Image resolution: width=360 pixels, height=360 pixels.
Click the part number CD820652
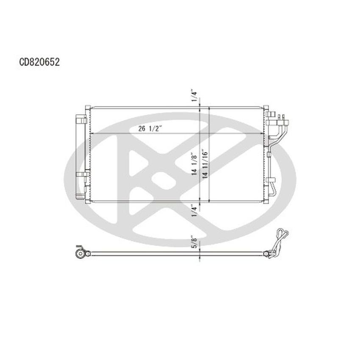click(39, 62)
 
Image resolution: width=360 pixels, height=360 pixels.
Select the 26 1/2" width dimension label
click(151, 129)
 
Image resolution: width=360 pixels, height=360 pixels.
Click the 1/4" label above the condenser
click(194, 95)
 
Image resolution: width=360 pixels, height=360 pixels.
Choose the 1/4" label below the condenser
click(194, 210)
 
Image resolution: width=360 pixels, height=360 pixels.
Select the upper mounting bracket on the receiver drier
click(83, 120)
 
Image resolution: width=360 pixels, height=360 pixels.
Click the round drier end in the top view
click(80, 254)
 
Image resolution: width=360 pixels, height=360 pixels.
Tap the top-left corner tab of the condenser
click(87, 106)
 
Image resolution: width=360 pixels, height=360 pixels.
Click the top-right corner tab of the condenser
click(266, 106)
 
